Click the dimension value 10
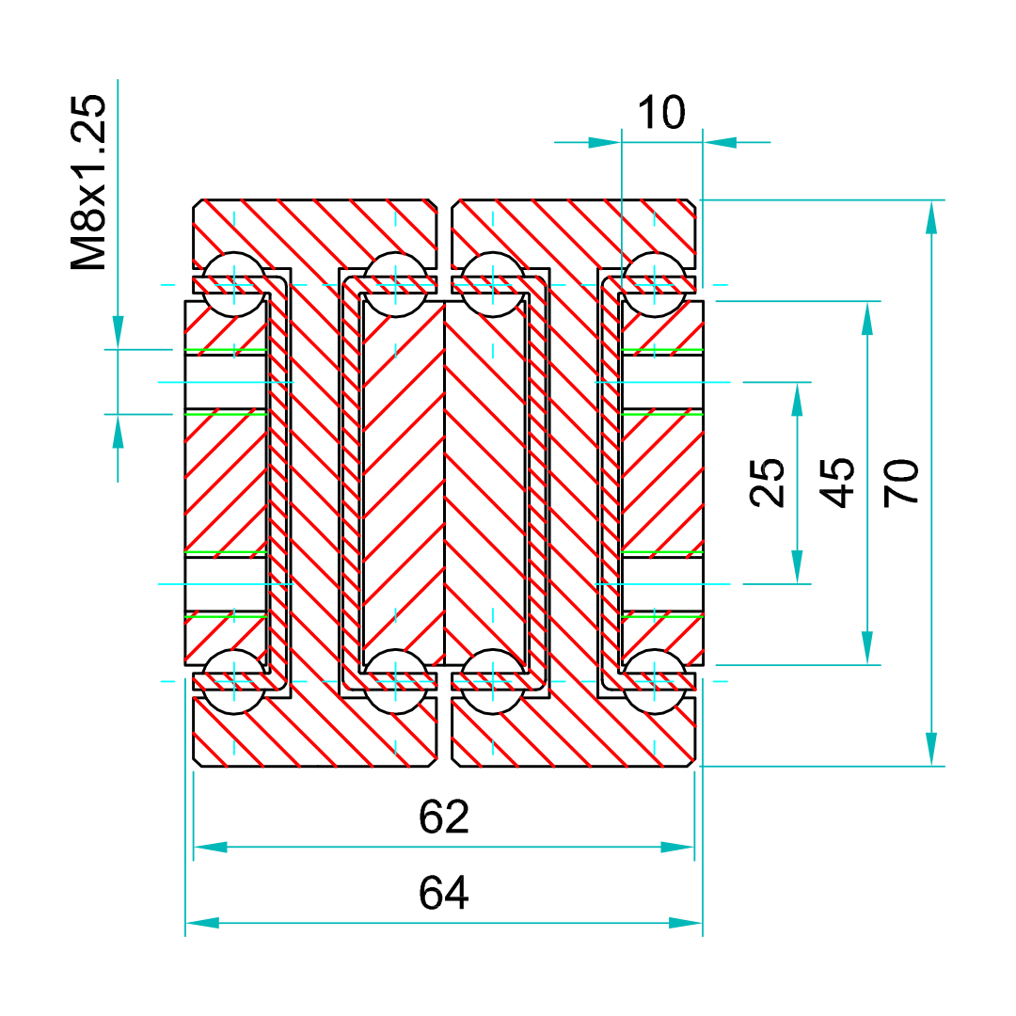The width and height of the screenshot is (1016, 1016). click(661, 113)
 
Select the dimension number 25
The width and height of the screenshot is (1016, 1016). click(770, 482)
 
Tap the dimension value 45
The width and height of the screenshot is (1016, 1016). click(837, 482)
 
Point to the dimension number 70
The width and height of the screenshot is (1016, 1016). click(902, 482)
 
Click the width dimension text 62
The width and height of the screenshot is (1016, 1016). click(444, 818)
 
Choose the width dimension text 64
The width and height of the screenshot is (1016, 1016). click(444, 893)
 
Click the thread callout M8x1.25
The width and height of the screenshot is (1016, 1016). click(90, 183)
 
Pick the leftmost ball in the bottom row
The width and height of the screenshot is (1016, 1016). click(232, 681)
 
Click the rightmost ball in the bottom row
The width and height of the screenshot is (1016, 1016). click(655, 681)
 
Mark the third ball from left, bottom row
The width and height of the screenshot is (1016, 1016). click(492, 681)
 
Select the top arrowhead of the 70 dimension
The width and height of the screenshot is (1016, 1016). click(931, 216)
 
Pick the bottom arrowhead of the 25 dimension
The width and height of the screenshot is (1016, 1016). click(798, 567)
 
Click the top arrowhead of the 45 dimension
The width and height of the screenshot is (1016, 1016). click(866, 318)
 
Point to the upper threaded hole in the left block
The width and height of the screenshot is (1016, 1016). click(226, 382)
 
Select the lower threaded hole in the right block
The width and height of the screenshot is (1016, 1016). click(662, 584)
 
